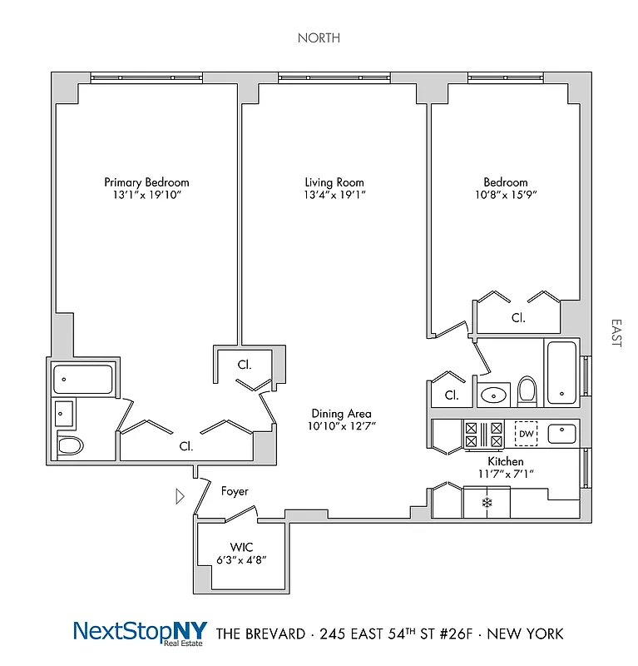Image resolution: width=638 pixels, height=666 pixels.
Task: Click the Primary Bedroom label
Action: pos(146,182)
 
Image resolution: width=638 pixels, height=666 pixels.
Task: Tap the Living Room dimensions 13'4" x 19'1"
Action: pos(334,195)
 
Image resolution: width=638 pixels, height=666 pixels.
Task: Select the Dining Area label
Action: pos(341,414)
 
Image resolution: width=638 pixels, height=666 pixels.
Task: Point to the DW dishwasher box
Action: pos(526,433)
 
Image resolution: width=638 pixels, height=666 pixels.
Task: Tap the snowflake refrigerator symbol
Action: pos(488,503)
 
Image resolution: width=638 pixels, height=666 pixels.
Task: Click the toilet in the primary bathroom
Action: pos(71,446)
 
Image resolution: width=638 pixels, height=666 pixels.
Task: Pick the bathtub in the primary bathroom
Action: pos(82,380)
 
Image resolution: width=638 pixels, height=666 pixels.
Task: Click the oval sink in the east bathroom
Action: pos(494,394)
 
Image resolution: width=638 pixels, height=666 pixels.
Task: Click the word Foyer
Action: pos(235,492)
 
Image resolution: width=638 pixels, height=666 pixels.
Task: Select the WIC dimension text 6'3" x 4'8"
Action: pos(242,559)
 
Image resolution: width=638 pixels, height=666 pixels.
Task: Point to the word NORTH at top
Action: pos(319,38)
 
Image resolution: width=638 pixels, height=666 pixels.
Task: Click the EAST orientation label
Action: pos(616,332)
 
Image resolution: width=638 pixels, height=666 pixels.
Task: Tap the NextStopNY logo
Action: pos(140,632)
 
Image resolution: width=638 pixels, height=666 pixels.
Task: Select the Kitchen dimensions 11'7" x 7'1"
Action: pos(505,474)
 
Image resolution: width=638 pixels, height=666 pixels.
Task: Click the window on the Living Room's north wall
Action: pos(334,77)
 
